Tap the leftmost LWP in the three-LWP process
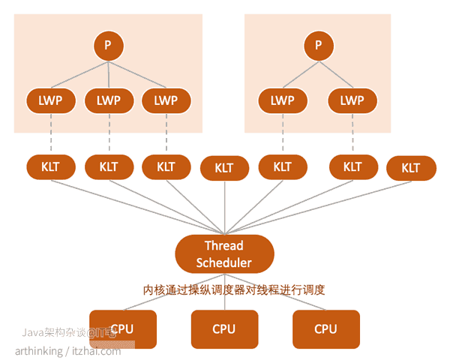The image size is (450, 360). [x=50, y=100]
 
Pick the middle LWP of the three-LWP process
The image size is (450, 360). [x=108, y=100]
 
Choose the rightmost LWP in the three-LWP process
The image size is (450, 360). [x=166, y=100]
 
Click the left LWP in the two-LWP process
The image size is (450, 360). [x=282, y=100]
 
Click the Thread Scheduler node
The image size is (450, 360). [x=223, y=253]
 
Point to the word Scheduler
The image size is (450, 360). [x=223, y=262]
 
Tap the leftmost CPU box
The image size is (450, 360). [x=122, y=328]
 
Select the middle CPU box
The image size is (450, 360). [x=223, y=328]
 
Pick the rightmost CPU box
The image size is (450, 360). [x=325, y=328]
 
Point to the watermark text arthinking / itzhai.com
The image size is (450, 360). [x=67, y=350]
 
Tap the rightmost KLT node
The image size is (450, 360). [x=411, y=168]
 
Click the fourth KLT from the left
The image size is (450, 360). [x=223, y=168]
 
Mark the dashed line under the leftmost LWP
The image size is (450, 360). [x=50, y=133]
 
